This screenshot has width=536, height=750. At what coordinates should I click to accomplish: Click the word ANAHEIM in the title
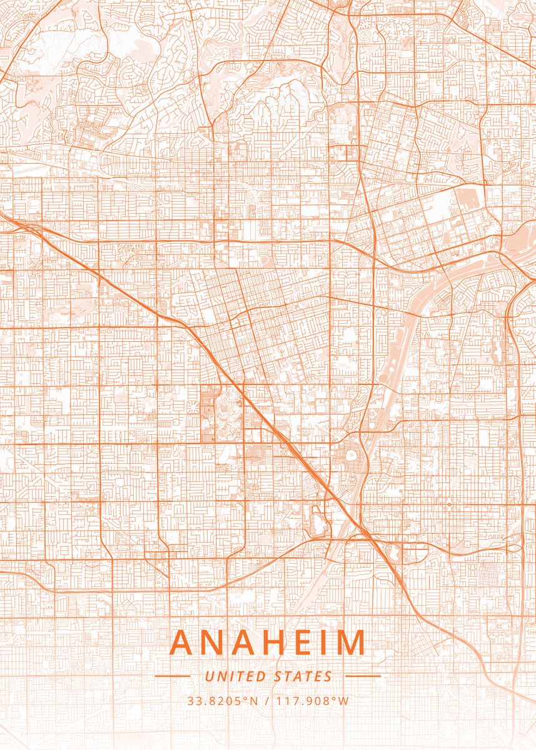268,642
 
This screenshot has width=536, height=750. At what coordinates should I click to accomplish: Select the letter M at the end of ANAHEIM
350,642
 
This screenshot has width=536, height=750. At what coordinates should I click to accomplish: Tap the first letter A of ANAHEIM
182,642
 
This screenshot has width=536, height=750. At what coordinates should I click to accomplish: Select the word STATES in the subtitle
303,676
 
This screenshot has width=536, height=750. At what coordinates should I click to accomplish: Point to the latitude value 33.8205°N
222,701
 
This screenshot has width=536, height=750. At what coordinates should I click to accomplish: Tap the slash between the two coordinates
267,701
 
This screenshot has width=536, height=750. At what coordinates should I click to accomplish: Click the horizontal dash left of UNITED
172,676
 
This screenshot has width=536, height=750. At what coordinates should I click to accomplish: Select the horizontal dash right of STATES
363,676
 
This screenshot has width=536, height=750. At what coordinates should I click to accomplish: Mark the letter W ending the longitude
343,701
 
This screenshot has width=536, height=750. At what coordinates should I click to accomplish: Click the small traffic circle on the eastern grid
449,504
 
